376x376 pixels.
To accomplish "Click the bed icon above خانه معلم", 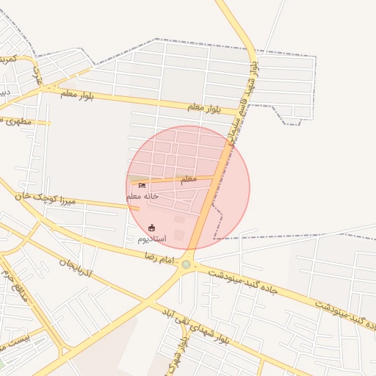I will click(x=142, y=185).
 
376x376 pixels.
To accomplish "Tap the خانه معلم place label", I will click(x=142, y=197).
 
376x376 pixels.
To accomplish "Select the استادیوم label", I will click(x=152, y=239).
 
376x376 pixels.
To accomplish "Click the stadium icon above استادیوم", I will click(x=152, y=228).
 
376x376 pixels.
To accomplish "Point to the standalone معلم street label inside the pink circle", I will click(x=189, y=178).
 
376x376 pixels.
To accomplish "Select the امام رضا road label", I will click(x=158, y=259).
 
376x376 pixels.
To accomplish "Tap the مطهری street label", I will click(x=18, y=120).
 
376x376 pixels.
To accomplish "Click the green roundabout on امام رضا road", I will click(x=187, y=264).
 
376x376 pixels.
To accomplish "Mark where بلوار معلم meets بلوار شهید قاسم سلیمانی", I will click(x=236, y=113).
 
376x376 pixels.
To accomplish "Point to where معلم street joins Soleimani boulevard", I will click(x=214, y=177).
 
